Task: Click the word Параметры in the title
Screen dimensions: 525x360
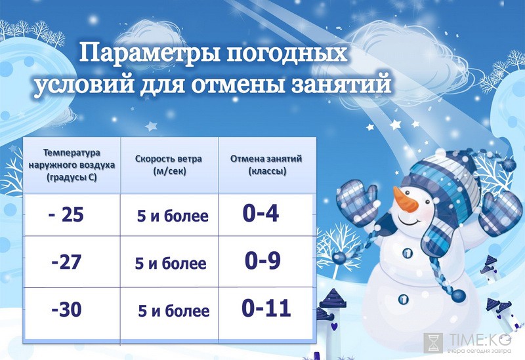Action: (x=150, y=53)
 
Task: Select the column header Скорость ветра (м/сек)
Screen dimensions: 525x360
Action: (x=169, y=165)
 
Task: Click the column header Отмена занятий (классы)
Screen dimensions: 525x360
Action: (x=266, y=165)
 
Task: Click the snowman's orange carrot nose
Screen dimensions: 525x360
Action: (x=404, y=199)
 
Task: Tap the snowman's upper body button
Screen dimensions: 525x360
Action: (x=408, y=252)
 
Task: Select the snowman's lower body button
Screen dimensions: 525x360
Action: (x=404, y=298)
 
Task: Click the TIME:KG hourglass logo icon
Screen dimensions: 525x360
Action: (x=434, y=342)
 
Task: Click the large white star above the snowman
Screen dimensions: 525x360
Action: (x=395, y=125)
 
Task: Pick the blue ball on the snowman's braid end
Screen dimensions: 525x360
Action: (x=458, y=296)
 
